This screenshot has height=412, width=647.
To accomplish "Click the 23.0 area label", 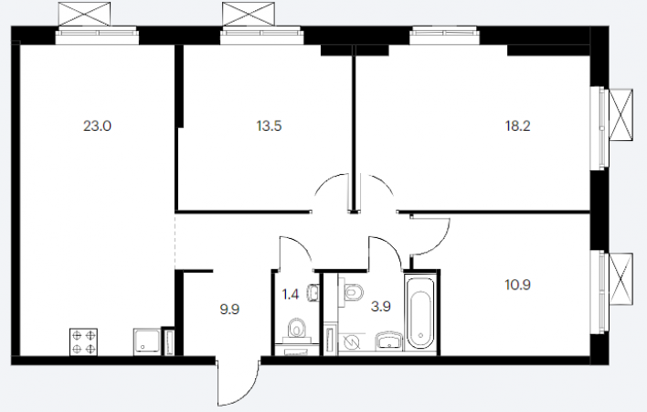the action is [x=98, y=125].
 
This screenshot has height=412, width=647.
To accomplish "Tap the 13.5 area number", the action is [x=269, y=125].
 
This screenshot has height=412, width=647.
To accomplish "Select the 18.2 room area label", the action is [x=518, y=125].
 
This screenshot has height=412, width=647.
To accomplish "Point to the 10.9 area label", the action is [x=518, y=285].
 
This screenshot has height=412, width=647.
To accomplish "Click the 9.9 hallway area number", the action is [x=229, y=309].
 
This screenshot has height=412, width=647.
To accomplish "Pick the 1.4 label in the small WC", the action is [x=290, y=295].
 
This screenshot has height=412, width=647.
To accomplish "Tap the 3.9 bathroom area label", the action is [x=380, y=307].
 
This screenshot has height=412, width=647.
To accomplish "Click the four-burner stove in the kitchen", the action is [x=84, y=342].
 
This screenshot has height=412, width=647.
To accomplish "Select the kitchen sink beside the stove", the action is [x=146, y=342].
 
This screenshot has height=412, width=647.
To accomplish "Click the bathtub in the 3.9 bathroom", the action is [x=420, y=314].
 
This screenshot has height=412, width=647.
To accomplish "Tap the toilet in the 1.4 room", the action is [x=296, y=329].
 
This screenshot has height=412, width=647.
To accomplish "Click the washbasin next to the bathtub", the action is [x=388, y=341].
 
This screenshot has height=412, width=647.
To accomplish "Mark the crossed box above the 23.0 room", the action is [x=84, y=14].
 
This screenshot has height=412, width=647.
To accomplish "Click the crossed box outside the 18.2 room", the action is [x=620, y=115].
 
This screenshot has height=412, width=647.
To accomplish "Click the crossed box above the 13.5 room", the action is [x=249, y=14].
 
